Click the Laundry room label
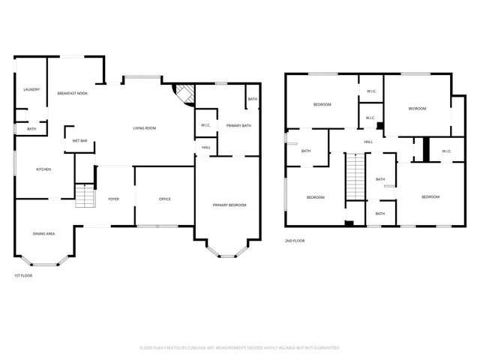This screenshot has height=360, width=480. point(31,90)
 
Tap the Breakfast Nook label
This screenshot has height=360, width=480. point(72,93)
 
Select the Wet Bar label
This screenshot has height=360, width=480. point(80,141)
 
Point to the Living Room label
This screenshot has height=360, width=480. point(145,128)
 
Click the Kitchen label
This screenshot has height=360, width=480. point(43,169)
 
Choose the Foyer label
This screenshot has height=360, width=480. point(114,199)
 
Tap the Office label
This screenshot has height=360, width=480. point(165,199)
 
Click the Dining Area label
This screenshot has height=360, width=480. point(43,234)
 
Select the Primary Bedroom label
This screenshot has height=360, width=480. point(229,205)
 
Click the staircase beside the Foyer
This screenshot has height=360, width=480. point(85,196)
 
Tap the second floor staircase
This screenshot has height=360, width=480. point(354,177)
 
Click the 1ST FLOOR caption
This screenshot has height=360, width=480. point(22,275)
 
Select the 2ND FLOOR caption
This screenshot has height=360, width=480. point(294,241)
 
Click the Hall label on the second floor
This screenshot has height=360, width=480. point(368,142)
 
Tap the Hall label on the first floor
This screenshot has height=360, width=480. point(205,147)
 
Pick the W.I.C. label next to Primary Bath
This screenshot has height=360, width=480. point(205,124)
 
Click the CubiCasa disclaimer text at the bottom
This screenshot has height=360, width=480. point(240,348)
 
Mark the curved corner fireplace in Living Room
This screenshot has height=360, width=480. point(181,95)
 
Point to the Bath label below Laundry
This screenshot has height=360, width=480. point(31,129)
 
